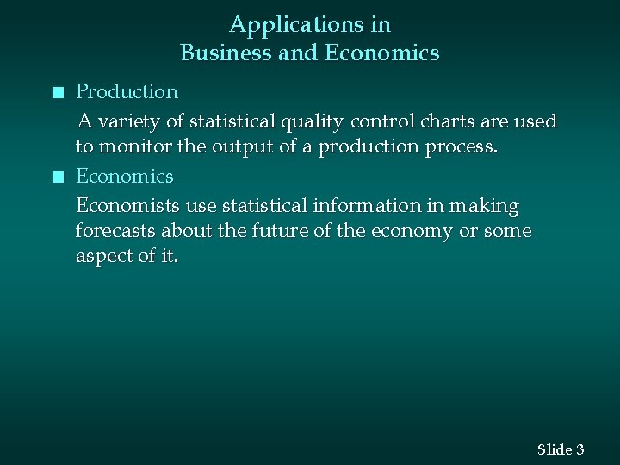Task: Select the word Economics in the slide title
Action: (381, 53)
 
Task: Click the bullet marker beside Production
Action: (57, 92)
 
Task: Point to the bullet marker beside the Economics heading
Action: (57, 177)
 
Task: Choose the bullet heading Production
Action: (127, 91)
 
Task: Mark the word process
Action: (462, 147)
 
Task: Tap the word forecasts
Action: (113, 232)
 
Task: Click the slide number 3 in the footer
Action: (580, 449)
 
